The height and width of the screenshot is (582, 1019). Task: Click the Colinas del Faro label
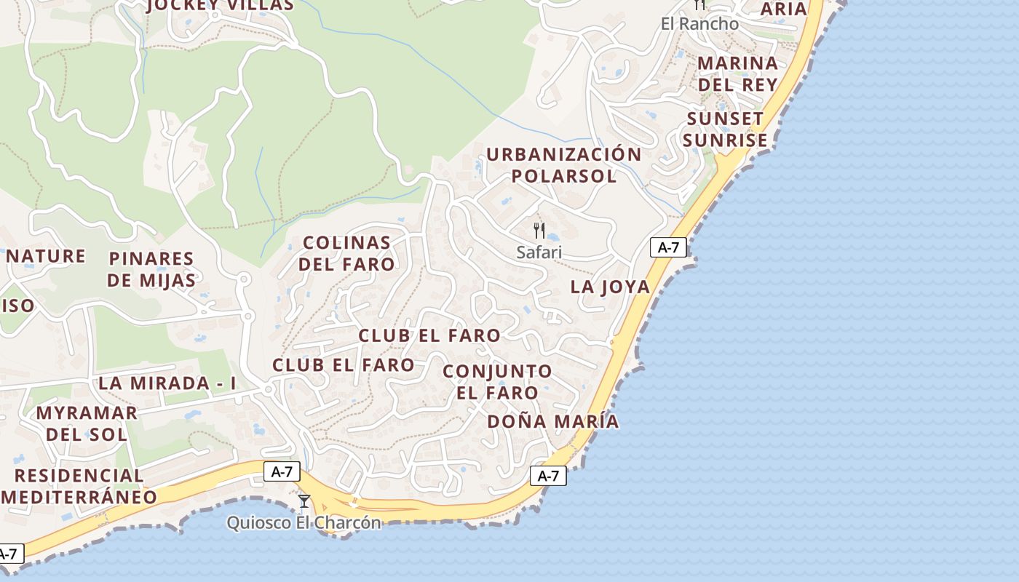coord(346,253)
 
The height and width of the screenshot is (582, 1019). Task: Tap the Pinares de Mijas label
coord(151,269)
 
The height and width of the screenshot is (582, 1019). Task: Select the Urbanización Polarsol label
coord(563,165)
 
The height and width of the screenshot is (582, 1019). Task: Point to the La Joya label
coord(610,287)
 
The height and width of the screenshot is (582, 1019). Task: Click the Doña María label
coord(553,421)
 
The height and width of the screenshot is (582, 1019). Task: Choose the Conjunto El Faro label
coord(497,382)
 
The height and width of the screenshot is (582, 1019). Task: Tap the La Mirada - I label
coord(167,383)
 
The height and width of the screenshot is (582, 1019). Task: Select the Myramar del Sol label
coord(87,423)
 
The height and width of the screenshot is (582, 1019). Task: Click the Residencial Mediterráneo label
coord(79,486)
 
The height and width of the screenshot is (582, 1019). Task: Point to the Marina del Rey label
coord(737,73)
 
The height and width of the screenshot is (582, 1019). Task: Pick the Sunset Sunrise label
coord(725,129)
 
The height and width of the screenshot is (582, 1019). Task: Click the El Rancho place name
coord(699,24)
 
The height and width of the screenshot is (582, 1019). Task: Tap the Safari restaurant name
coord(539,252)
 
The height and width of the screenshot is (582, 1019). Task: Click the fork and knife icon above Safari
coord(539,231)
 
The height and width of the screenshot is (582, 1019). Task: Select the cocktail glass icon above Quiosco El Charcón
coord(304,501)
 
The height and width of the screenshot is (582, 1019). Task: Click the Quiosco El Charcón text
coord(304,522)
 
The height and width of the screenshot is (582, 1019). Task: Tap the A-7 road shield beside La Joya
coord(668,247)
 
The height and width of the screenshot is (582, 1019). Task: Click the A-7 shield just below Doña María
coord(548,476)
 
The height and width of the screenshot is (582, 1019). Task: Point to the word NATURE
coord(46,256)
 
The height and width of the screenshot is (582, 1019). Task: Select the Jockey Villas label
coord(220,6)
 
